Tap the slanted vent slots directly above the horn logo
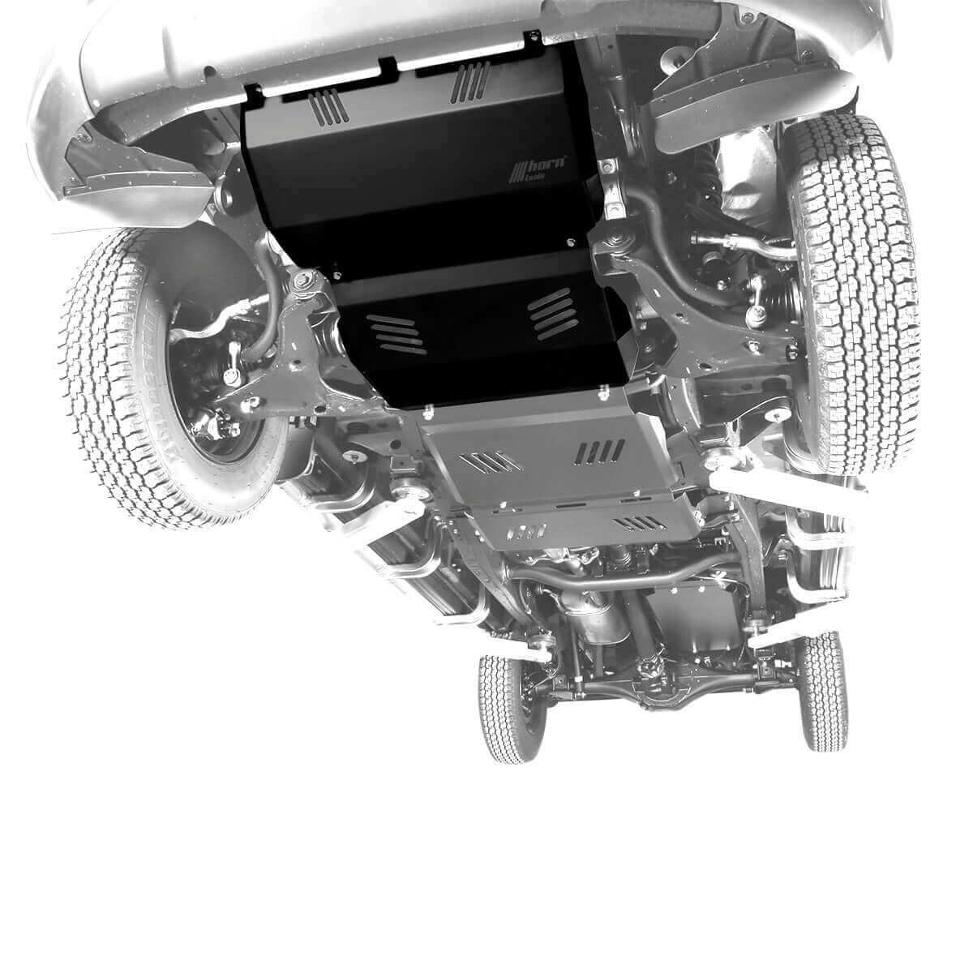pyautogui.click(x=469, y=84)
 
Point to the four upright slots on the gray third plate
pyautogui.click(x=601, y=452)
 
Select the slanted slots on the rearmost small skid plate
pyautogui.click(x=641, y=523)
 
